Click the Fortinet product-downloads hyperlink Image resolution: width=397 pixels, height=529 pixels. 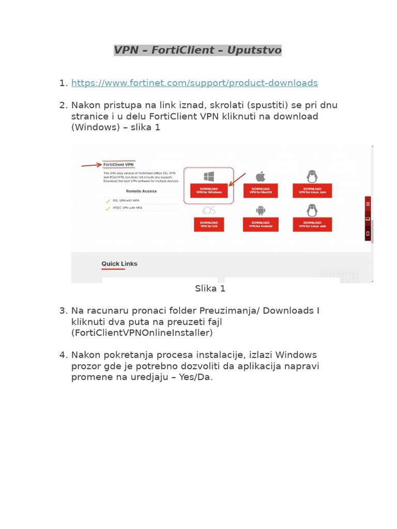coord(194,83)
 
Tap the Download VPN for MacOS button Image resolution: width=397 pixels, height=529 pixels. coord(260,191)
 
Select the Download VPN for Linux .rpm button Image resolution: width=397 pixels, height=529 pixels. coord(312,191)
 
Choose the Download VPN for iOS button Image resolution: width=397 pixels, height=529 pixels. coord(209,224)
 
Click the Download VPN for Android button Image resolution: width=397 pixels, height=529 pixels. coord(260,224)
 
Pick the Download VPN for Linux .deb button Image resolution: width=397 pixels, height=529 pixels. coord(312,224)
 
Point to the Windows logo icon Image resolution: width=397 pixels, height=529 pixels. coord(209,177)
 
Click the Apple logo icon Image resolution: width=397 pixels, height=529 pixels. coord(260,177)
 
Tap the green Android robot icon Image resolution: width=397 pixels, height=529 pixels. coord(260,210)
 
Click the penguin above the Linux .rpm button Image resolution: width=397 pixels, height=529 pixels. coord(312,177)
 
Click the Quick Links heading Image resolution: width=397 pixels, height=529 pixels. coord(119,263)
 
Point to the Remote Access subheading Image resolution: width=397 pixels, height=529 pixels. coord(141,191)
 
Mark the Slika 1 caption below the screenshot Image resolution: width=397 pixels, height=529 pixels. coord(210,289)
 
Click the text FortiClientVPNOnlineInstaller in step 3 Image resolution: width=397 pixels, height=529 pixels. coord(142,333)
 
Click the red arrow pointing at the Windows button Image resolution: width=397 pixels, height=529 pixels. coord(237,179)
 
